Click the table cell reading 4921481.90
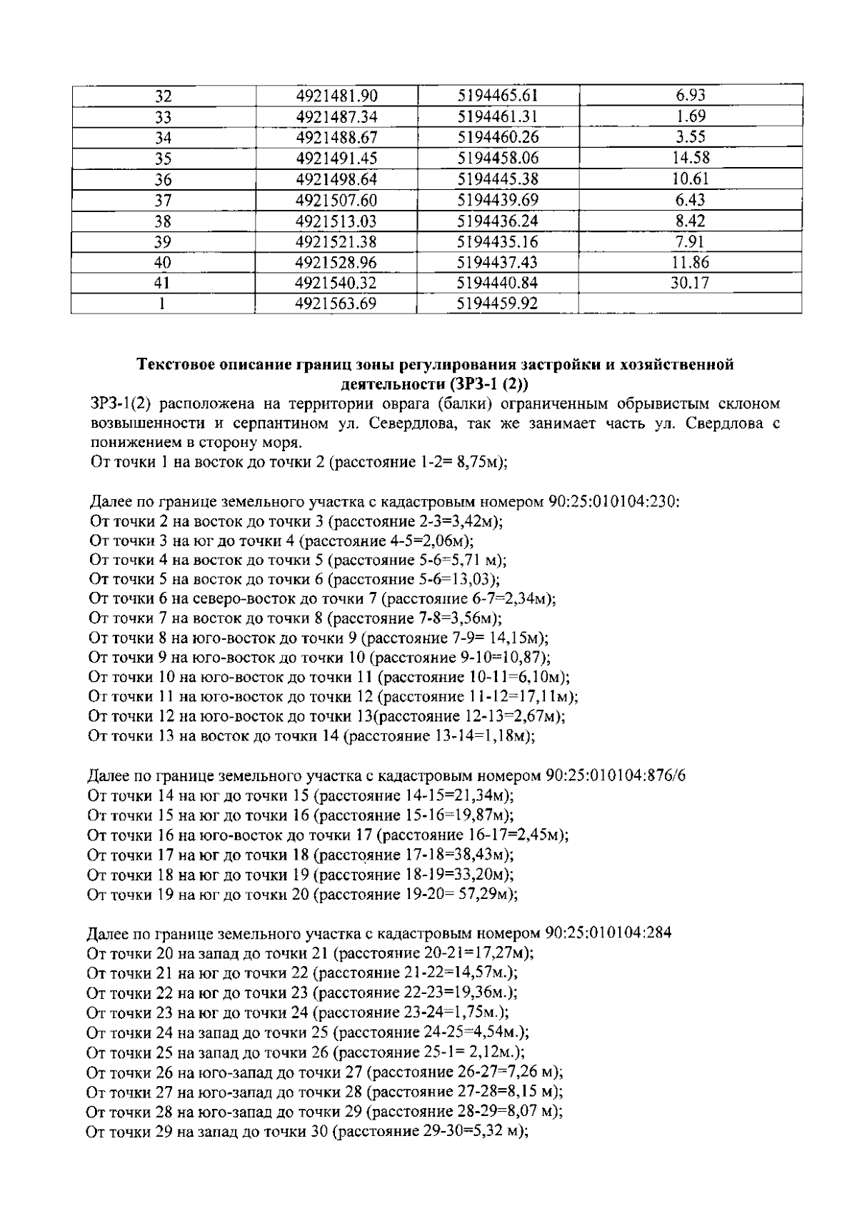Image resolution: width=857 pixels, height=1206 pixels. click(336, 96)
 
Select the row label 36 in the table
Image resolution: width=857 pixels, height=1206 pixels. click(164, 180)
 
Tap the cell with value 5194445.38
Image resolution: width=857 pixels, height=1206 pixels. click(497, 179)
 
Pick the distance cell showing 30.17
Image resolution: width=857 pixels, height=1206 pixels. click(689, 283)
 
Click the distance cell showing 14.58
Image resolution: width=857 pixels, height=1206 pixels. click(689, 159)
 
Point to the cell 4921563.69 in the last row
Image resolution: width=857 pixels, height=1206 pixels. click(336, 304)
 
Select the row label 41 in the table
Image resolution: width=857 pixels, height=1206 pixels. click(164, 283)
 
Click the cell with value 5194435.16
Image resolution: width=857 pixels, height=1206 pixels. click(497, 241)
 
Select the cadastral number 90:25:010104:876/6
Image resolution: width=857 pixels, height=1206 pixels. click(615, 776)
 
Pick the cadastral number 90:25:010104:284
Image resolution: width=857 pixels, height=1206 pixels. click(607, 933)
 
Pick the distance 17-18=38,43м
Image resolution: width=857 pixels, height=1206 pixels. click(450, 855)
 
